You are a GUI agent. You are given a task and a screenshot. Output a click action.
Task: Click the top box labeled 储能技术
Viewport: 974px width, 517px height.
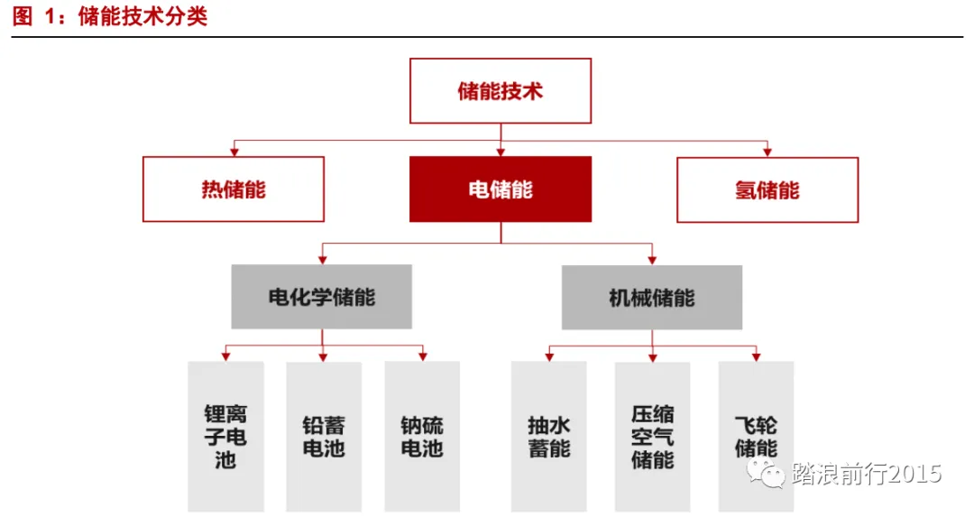(501, 91)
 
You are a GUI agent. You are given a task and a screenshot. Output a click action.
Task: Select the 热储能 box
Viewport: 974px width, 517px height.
(234, 189)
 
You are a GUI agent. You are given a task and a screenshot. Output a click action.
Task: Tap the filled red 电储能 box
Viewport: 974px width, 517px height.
(501, 189)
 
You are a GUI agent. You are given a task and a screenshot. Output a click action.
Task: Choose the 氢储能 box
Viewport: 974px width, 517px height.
(767, 189)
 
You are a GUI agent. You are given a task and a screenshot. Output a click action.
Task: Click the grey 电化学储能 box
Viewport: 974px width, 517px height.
(322, 297)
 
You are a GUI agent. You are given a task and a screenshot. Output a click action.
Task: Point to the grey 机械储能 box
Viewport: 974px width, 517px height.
(652, 297)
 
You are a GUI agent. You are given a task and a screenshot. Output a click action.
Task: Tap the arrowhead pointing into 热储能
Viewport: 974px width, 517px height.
(234, 151)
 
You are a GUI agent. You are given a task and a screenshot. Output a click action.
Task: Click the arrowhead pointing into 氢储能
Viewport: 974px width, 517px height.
(767, 151)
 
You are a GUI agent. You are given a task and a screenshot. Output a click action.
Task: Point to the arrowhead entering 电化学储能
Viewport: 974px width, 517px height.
(322, 258)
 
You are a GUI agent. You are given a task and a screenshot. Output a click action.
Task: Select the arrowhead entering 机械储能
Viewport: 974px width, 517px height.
(652, 258)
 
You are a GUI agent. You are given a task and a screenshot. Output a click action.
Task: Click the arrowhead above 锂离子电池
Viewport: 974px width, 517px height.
(225, 356)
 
